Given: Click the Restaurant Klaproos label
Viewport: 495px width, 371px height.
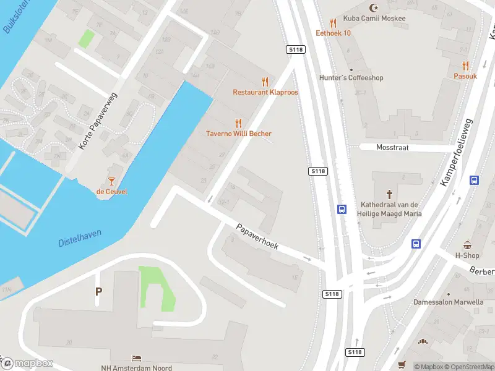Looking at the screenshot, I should (265, 92).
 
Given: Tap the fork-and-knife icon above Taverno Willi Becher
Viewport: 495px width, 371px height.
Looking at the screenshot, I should (238, 124).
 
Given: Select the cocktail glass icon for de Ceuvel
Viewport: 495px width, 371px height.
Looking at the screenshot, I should (111, 181).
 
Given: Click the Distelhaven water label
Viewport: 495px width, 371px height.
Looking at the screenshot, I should (80, 238).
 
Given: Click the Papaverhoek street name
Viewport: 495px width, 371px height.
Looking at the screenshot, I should (257, 237).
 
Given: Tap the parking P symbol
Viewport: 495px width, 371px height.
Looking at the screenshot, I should (98, 291).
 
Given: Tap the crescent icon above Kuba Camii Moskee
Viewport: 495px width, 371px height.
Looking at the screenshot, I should (372, 8).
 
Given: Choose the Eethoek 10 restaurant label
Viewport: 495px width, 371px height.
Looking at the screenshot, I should (334, 33).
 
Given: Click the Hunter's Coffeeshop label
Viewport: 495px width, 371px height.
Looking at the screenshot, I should (351, 78).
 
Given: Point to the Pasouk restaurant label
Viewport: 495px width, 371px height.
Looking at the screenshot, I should (465, 76).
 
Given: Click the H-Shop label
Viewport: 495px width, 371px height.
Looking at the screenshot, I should (467, 255).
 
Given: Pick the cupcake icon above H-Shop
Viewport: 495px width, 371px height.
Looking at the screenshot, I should (467, 245).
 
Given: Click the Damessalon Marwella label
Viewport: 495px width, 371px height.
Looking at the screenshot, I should (449, 302).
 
